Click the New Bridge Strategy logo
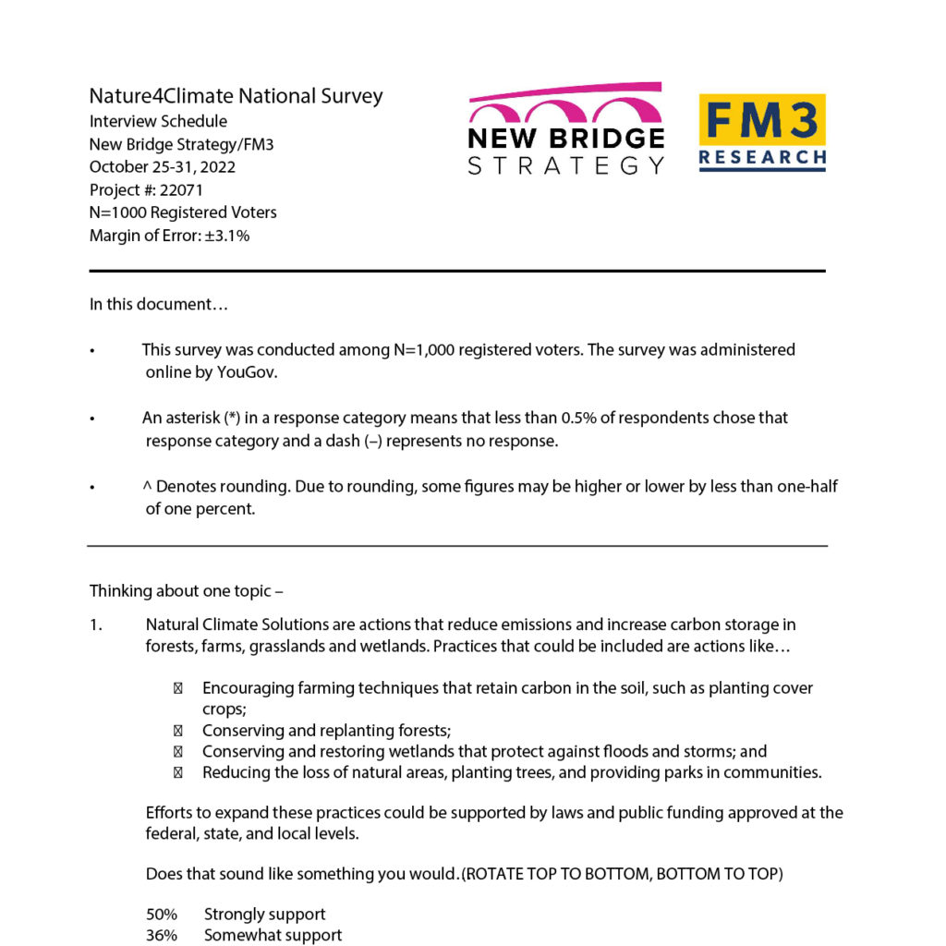coord(565,129)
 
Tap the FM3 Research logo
coord(762,132)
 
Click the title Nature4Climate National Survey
coord(236,96)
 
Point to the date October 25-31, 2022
coord(163,167)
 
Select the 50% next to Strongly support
coord(162,915)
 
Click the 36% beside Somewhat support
coord(162,935)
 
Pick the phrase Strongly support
coord(264,915)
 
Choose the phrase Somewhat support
coord(273,935)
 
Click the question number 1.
coord(95,625)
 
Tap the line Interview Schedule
coord(158,121)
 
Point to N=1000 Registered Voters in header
coord(183,212)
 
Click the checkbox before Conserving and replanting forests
coord(177,731)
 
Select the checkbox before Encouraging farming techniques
coord(177,688)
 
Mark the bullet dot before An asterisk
coord(92,418)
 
